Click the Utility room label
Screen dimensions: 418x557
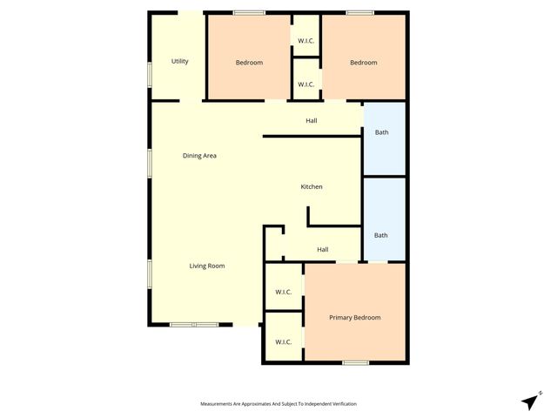[180, 62]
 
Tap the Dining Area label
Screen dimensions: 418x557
[199, 156]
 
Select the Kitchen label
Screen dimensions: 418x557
[312, 187]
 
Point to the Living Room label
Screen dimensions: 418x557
[207, 266]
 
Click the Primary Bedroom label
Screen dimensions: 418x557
[355, 318]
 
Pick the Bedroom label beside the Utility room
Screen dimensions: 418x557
[249, 63]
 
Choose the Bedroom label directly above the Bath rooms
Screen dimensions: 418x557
[364, 63]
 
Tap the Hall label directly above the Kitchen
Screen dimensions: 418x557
[311, 120]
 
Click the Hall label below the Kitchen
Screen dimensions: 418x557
[322, 250]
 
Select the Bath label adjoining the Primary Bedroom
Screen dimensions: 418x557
[381, 235]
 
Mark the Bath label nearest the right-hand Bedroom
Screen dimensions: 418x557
[381, 132]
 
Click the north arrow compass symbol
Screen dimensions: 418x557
[530, 401]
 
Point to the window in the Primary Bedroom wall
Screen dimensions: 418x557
[355, 362]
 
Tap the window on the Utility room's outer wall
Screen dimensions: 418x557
[150, 73]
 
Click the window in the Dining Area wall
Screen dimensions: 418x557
[150, 163]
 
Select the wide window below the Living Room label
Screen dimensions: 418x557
[194, 325]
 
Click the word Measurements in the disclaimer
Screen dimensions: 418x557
[221, 404]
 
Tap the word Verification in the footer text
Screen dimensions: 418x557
[341, 404]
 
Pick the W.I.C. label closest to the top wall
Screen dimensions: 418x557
[305, 40]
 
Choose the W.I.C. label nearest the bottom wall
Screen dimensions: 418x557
[283, 342]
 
